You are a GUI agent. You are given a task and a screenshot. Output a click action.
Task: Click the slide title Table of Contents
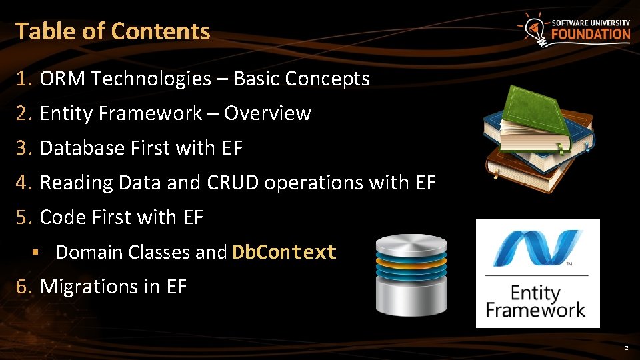(113, 31)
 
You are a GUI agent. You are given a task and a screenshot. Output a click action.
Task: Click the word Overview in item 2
(267, 113)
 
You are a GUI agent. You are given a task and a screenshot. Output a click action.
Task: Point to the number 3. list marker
(25, 148)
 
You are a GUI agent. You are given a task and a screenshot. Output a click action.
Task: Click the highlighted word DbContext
(284, 252)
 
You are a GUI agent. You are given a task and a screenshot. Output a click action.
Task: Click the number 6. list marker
(25, 287)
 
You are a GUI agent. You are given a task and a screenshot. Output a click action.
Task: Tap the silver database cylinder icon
(411, 274)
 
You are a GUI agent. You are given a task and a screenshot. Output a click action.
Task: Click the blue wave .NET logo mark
(537, 248)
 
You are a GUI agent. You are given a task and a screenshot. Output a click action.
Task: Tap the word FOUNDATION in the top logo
(590, 34)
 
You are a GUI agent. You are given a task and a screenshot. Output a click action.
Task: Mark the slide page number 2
(626, 349)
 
